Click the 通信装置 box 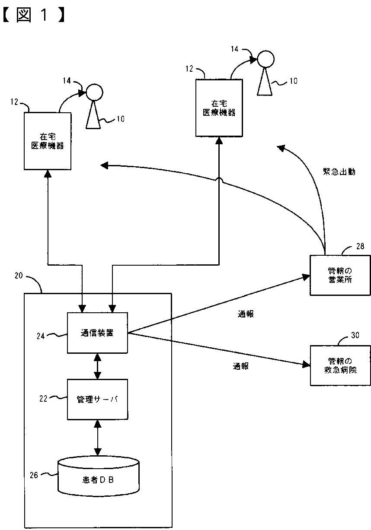[97, 333]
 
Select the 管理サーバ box [97, 400]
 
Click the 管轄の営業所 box [340, 275]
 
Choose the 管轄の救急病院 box [340, 365]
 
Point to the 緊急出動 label [339, 171]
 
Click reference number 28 [360, 246]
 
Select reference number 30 [355, 335]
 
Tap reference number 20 [19, 276]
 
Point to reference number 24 [41, 336]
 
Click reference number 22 [43, 399]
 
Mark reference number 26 [34, 475]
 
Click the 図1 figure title [34, 15]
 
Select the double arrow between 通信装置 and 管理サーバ [97, 366]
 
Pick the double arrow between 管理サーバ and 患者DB [98, 438]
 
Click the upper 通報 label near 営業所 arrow [246, 314]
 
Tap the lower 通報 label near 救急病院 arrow [241, 366]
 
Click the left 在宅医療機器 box [48, 141]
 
